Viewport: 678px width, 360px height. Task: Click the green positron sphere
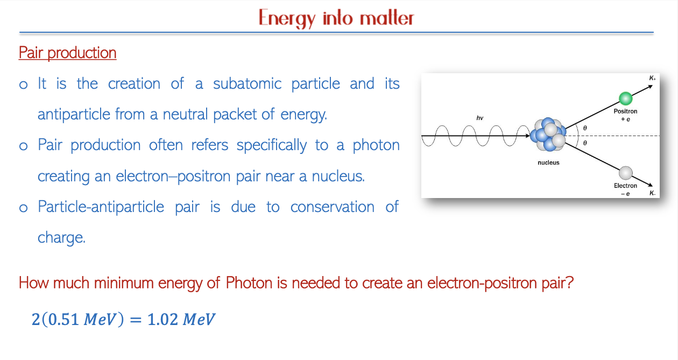[x=625, y=98]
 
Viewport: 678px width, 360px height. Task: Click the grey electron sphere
[x=626, y=173]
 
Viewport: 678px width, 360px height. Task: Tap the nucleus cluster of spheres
[x=548, y=135]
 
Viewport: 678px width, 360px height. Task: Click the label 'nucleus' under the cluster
[x=548, y=163]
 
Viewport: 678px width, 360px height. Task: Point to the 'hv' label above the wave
[x=480, y=118]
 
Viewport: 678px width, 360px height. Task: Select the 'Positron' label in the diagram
[x=625, y=111]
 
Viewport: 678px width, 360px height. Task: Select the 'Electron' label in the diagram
[x=625, y=186]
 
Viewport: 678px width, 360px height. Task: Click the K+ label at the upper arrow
[x=652, y=78]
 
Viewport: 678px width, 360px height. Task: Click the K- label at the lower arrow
[x=652, y=193]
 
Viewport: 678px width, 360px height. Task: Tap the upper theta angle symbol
[x=585, y=128]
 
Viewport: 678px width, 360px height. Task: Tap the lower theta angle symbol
[x=585, y=143]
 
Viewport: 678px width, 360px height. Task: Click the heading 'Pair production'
[x=67, y=53]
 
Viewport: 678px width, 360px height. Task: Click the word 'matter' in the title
[x=386, y=18]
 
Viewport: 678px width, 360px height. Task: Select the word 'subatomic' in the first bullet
[x=247, y=83]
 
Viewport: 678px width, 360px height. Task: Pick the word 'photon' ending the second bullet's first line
[x=376, y=146]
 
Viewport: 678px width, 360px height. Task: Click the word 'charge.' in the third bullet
[x=61, y=238]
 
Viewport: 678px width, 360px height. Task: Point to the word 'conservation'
[x=333, y=207]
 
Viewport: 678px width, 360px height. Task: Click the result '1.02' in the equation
[x=163, y=320]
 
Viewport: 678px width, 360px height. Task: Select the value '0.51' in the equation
[x=63, y=320]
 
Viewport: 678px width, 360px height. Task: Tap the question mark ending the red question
[x=570, y=283]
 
